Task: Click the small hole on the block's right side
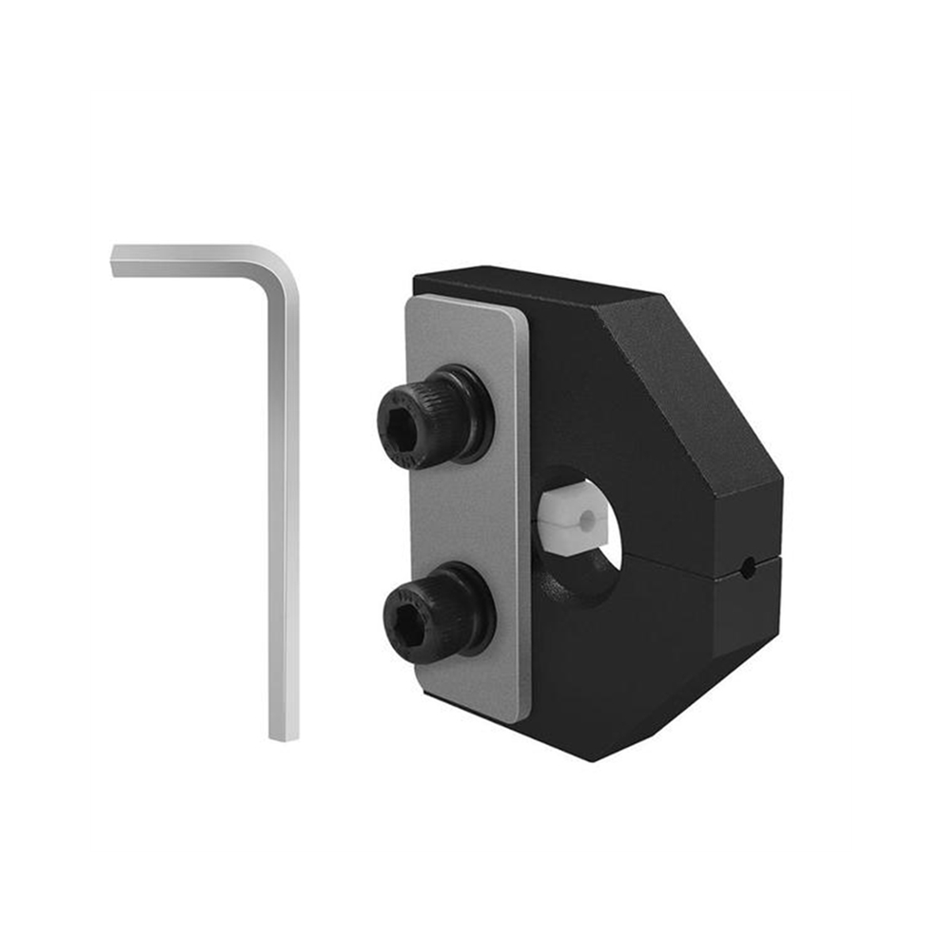point(749,569)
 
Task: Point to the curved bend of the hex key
point(281,266)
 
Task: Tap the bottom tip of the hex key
point(284,736)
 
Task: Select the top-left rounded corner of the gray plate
point(413,302)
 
